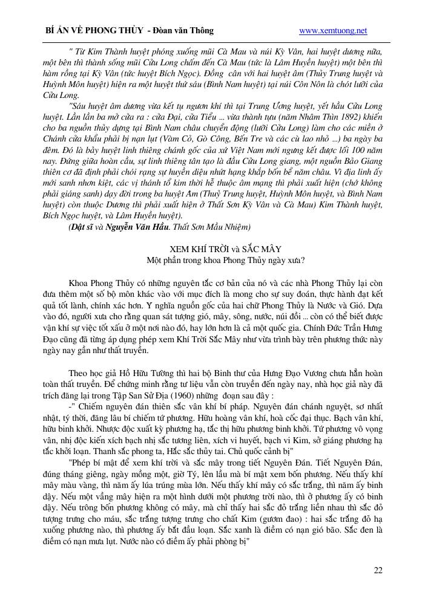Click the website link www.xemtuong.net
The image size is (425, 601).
click(333, 30)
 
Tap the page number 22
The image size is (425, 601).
click(378, 570)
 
